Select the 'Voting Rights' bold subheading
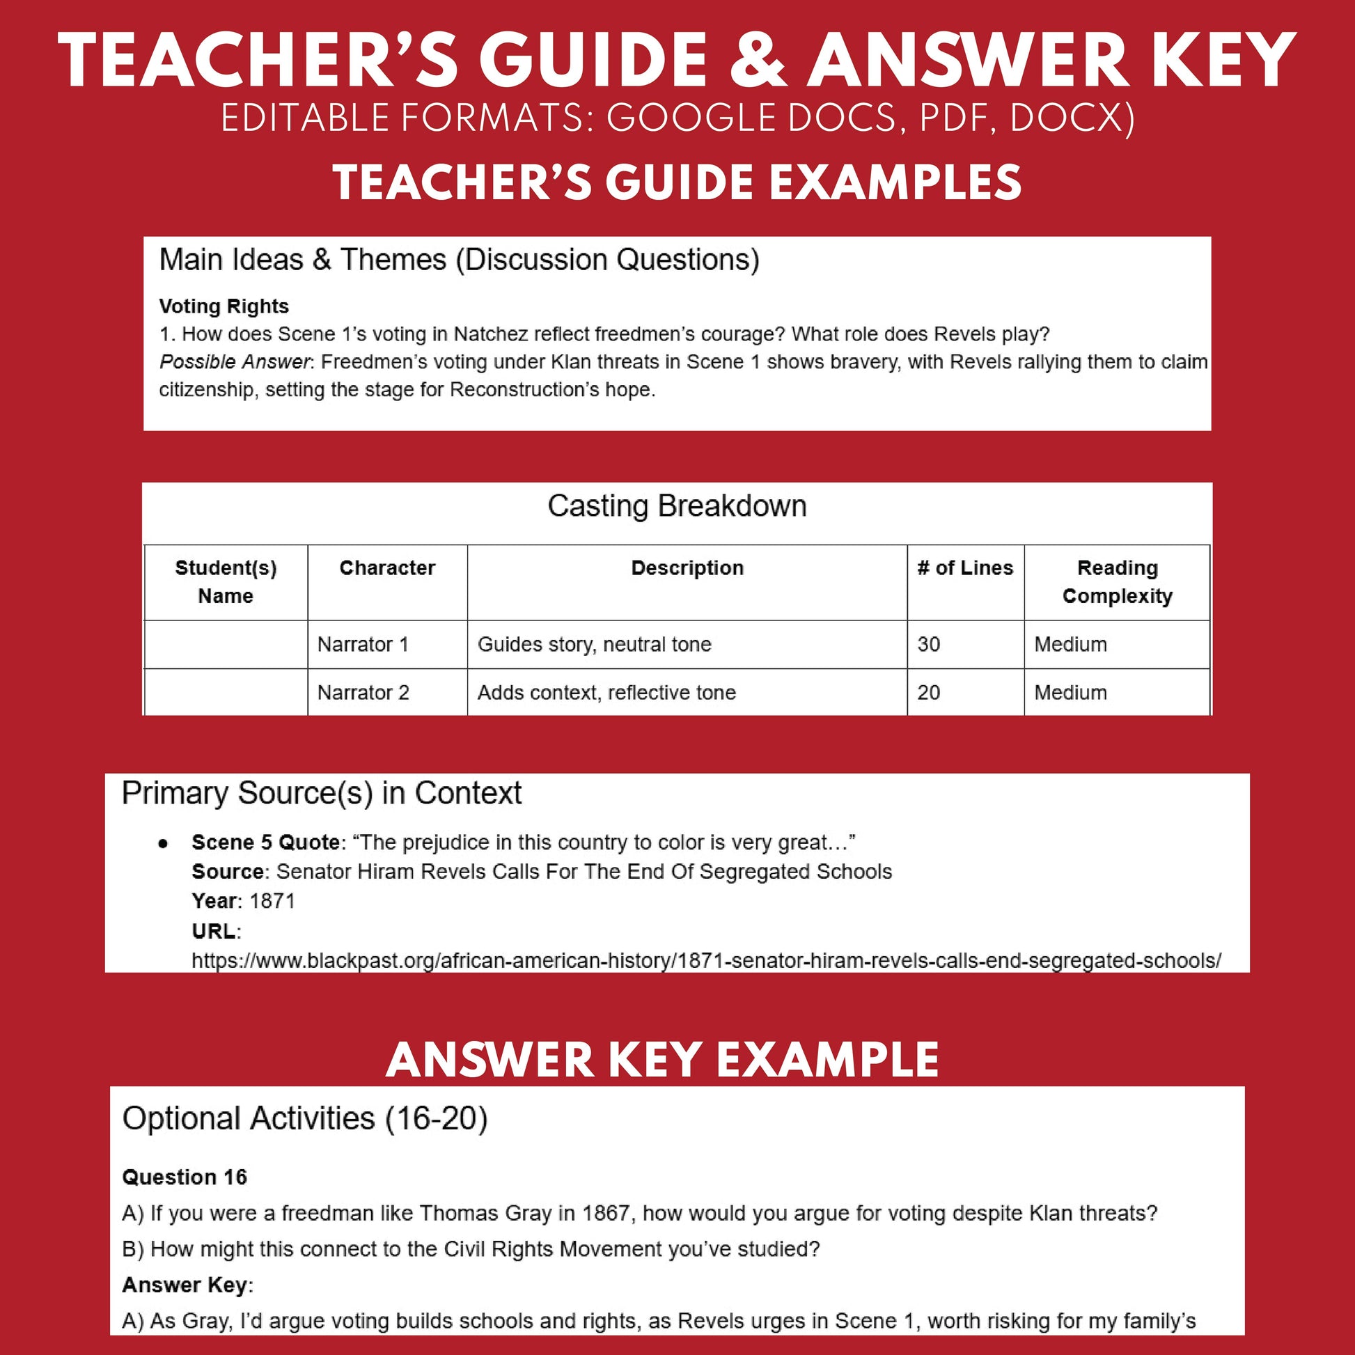tap(224, 306)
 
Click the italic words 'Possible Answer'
tap(234, 362)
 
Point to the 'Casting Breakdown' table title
tap(677, 506)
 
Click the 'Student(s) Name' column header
tap(226, 581)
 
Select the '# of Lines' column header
tap(965, 568)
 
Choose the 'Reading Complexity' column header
tap(1118, 581)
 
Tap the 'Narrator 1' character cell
tap(363, 644)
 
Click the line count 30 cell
tap(929, 644)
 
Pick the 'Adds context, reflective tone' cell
tap(606, 692)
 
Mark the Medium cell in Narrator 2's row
tap(1070, 692)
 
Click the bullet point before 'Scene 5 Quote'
tap(164, 844)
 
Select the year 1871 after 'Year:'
tap(272, 901)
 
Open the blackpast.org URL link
tap(706, 960)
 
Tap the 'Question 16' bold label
tap(185, 1177)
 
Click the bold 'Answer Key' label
tap(185, 1285)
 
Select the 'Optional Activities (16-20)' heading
tap(305, 1118)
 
